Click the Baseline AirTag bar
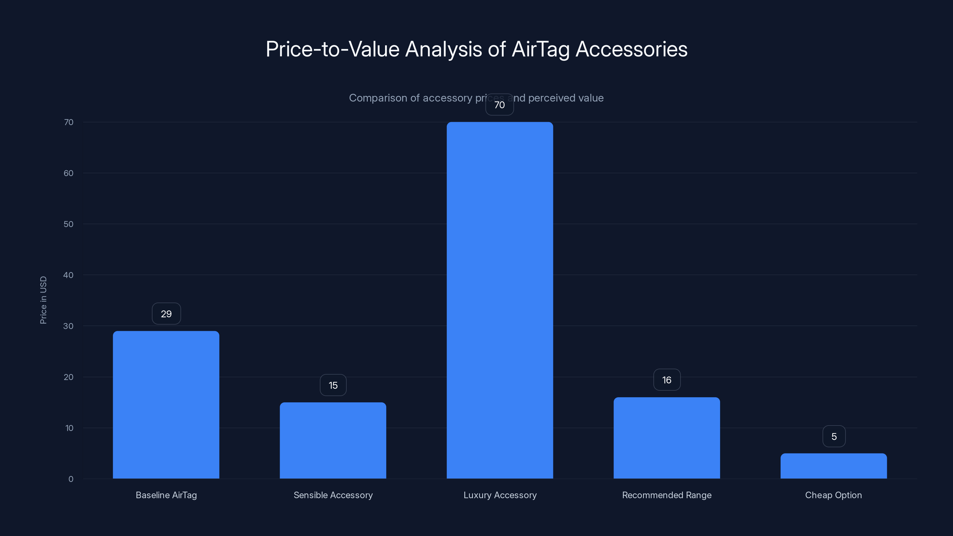[166, 405]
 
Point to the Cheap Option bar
[834, 466]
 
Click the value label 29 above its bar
[166, 314]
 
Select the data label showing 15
[333, 385]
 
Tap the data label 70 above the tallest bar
[499, 105]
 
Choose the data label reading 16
[667, 380]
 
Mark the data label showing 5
[834, 437]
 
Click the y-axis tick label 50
[68, 224]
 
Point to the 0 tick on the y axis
[71, 479]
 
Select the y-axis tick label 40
[68, 275]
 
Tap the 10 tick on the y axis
[69, 428]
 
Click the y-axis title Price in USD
[43, 300]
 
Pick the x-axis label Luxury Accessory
[500, 495]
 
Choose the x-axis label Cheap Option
[833, 495]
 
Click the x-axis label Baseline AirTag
[166, 495]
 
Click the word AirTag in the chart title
[540, 49]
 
